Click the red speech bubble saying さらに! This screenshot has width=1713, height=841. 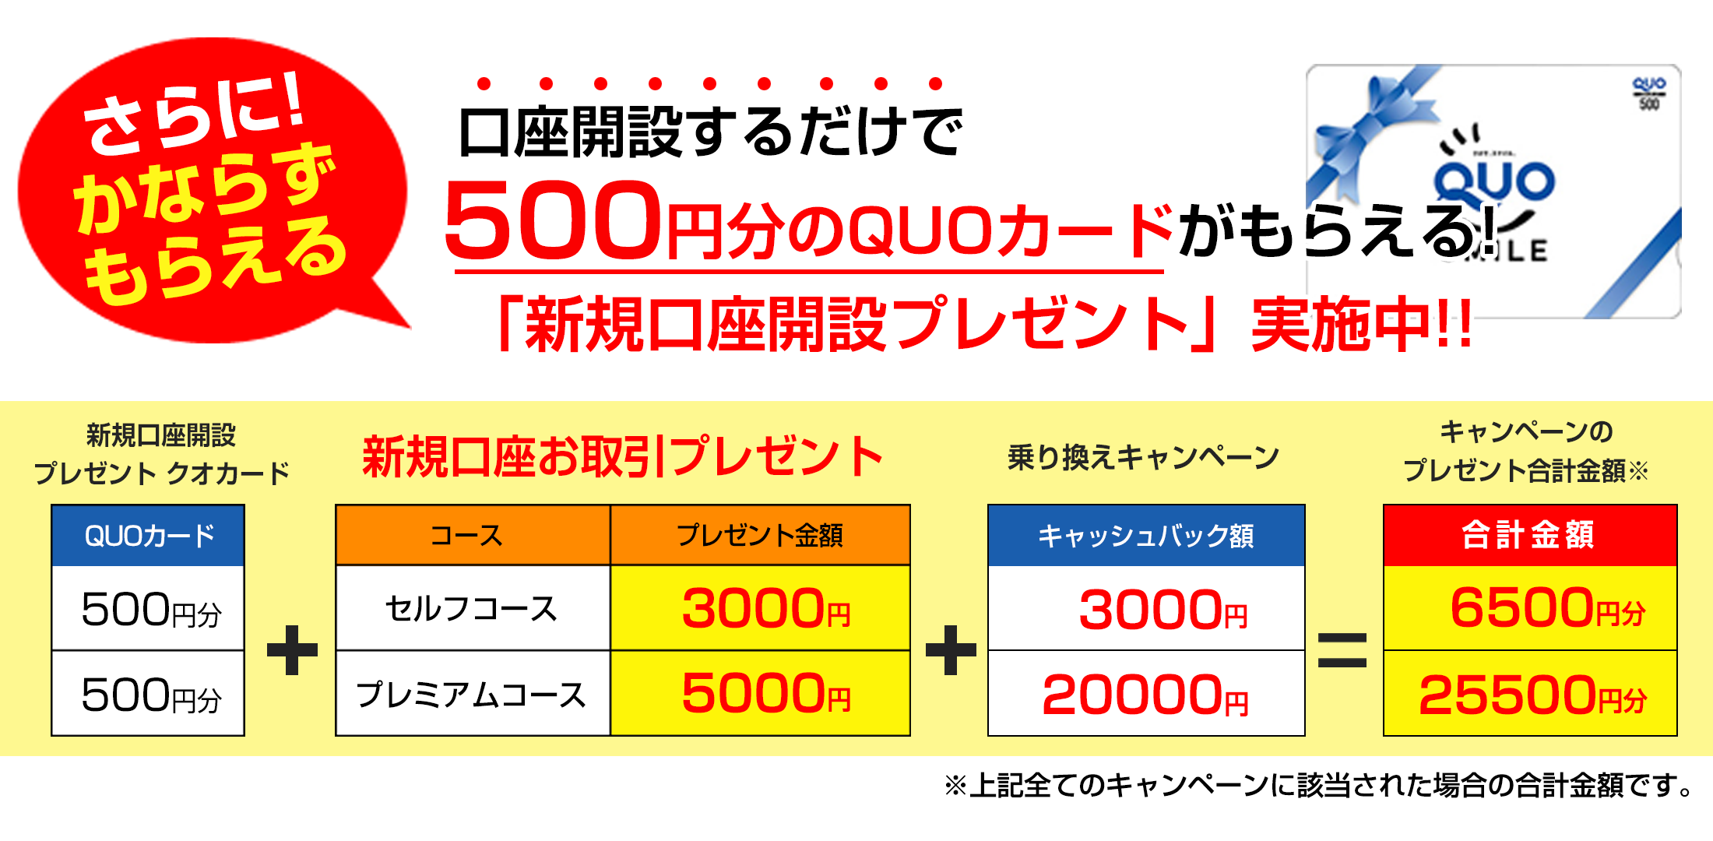point(210,187)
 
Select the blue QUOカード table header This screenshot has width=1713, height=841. point(148,536)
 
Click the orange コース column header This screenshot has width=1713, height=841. point(473,536)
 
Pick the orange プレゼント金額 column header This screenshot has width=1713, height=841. point(760,536)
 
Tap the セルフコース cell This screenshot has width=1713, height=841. point(473,609)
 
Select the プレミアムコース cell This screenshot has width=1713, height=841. point(473,695)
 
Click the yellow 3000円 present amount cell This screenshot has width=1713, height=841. point(760,609)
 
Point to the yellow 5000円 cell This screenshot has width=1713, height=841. point(760,695)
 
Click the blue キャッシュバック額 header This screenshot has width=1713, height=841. point(1146,536)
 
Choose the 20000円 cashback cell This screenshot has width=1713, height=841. point(1146,695)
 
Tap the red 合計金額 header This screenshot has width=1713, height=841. point(1530,536)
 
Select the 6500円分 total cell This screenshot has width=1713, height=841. point(1530,609)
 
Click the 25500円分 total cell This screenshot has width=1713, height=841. point(1530,695)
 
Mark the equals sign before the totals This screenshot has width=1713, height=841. point(1342,650)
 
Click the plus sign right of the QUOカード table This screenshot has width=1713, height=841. point(292,650)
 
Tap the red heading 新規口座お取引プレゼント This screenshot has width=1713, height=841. point(623,457)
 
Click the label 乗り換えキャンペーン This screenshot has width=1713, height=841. point(1143,457)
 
